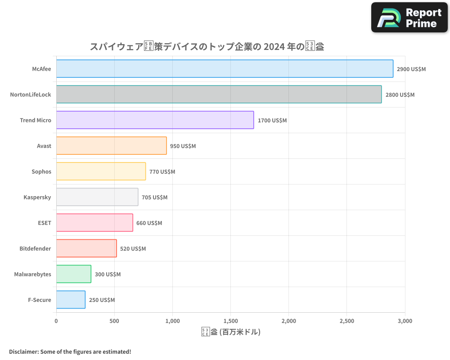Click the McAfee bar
(225, 69)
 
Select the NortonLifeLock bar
(219, 94)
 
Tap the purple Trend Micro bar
(155, 120)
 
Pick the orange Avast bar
(111, 146)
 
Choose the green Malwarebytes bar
(73, 274)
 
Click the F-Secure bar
(71, 300)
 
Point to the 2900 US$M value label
(411, 69)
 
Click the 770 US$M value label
(162, 172)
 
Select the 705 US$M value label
(154, 198)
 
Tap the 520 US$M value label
(133, 249)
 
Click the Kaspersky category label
(37, 197)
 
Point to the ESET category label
(45, 223)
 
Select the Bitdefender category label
(35, 248)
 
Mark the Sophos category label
(41, 171)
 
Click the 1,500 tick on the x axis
(230, 321)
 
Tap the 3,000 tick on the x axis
(405, 321)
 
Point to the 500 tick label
(114, 321)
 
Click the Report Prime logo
(409, 18)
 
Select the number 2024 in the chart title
(274, 47)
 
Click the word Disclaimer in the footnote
(23, 351)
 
